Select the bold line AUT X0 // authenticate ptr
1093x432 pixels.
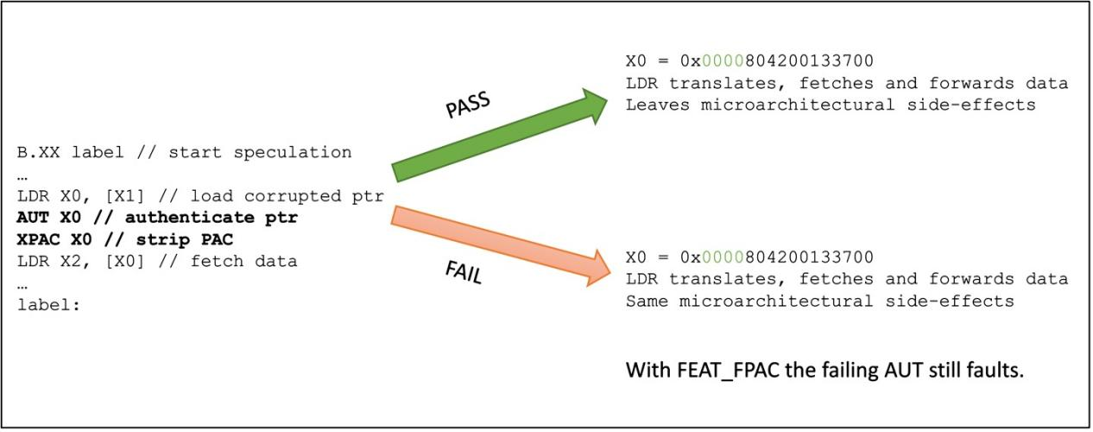point(157,218)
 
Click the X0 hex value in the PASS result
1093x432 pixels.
point(777,62)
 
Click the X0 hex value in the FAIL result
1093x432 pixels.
point(777,257)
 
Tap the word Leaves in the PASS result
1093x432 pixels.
point(654,105)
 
